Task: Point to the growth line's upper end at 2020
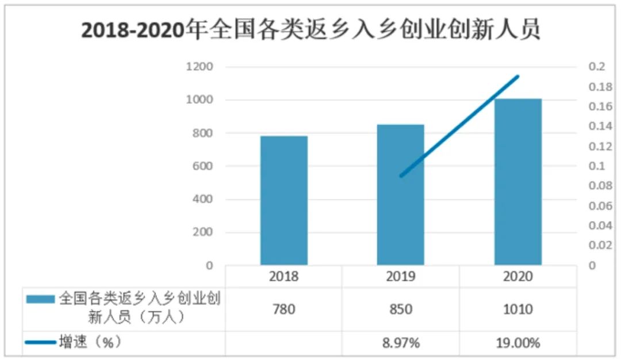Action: click(x=517, y=76)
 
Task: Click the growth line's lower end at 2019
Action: click(x=401, y=175)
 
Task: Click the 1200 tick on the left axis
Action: click(x=200, y=67)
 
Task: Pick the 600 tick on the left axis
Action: click(x=202, y=166)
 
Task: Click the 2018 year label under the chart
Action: click(x=283, y=277)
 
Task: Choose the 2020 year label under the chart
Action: click(x=517, y=277)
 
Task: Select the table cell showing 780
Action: click(x=283, y=309)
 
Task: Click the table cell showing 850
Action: click(x=401, y=309)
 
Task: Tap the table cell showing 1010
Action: click(x=517, y=309)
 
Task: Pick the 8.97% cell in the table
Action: click(x=401, y=343)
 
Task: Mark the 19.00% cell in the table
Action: click(x=517, y=343)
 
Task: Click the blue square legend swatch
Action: click(x=40, y=299)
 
